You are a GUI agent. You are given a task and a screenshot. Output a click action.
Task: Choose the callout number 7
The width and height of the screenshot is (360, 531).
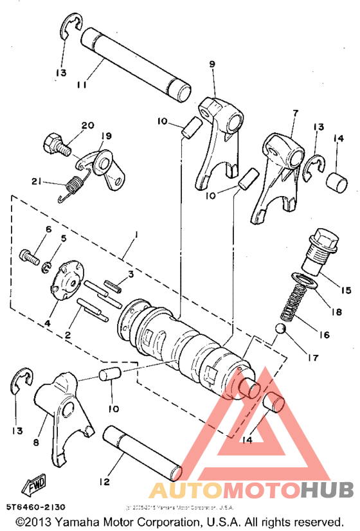295,113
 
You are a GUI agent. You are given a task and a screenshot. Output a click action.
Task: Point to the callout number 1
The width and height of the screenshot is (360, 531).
134,237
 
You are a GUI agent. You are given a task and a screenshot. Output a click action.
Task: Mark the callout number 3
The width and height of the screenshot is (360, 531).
130,274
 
